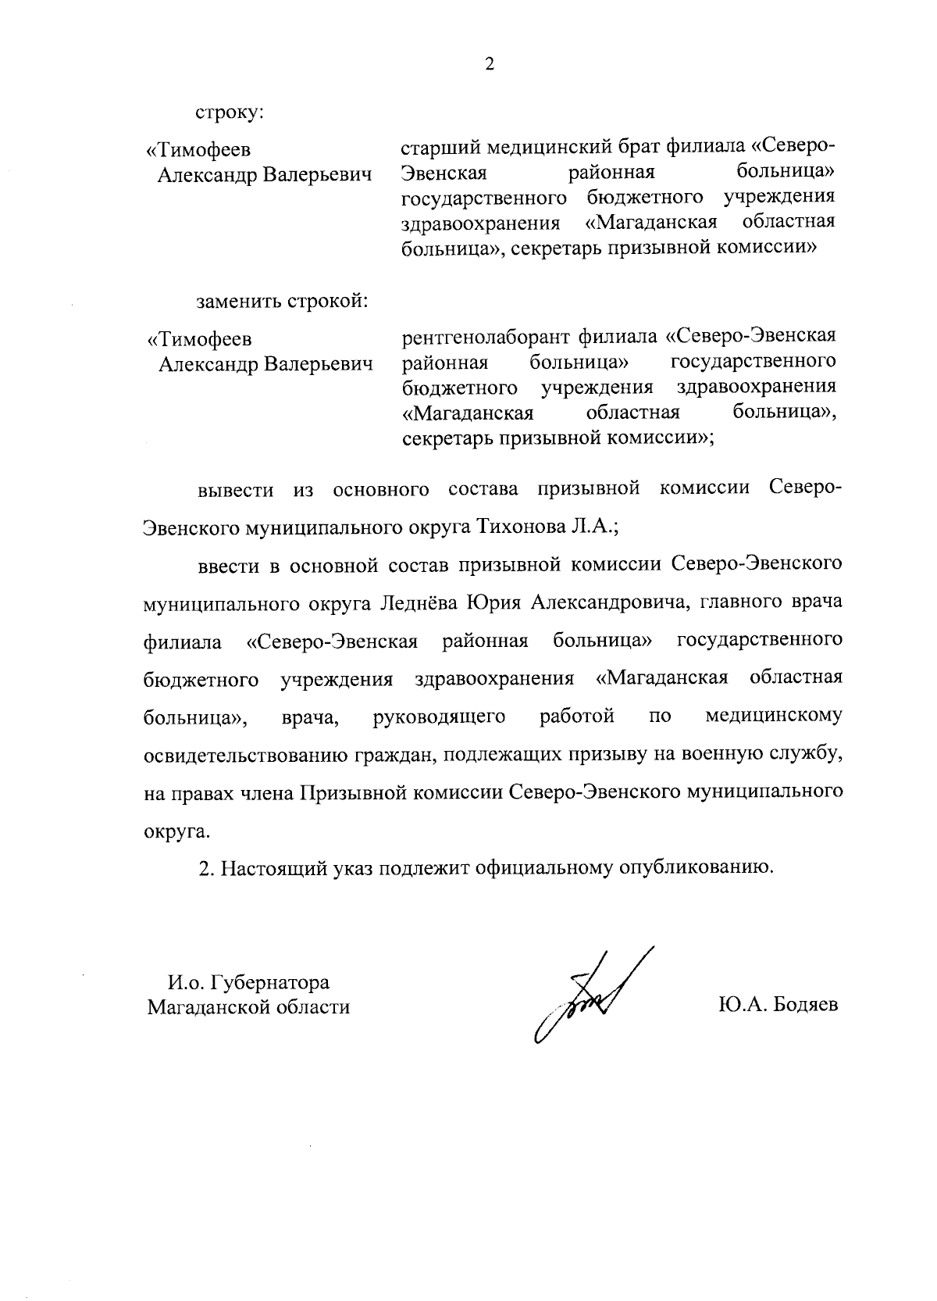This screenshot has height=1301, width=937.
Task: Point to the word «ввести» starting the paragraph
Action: [x=227, y=565]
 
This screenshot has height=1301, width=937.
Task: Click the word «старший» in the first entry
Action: [x=440, y=147]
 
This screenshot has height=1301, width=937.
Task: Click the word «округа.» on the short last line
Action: [x=177, y=831]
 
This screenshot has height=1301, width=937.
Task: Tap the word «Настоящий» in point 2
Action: [x=273, y=869]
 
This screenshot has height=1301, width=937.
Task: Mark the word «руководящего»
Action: [x=440, y=717]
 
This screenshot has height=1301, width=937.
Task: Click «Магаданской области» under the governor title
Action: [x=248, y=1007]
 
